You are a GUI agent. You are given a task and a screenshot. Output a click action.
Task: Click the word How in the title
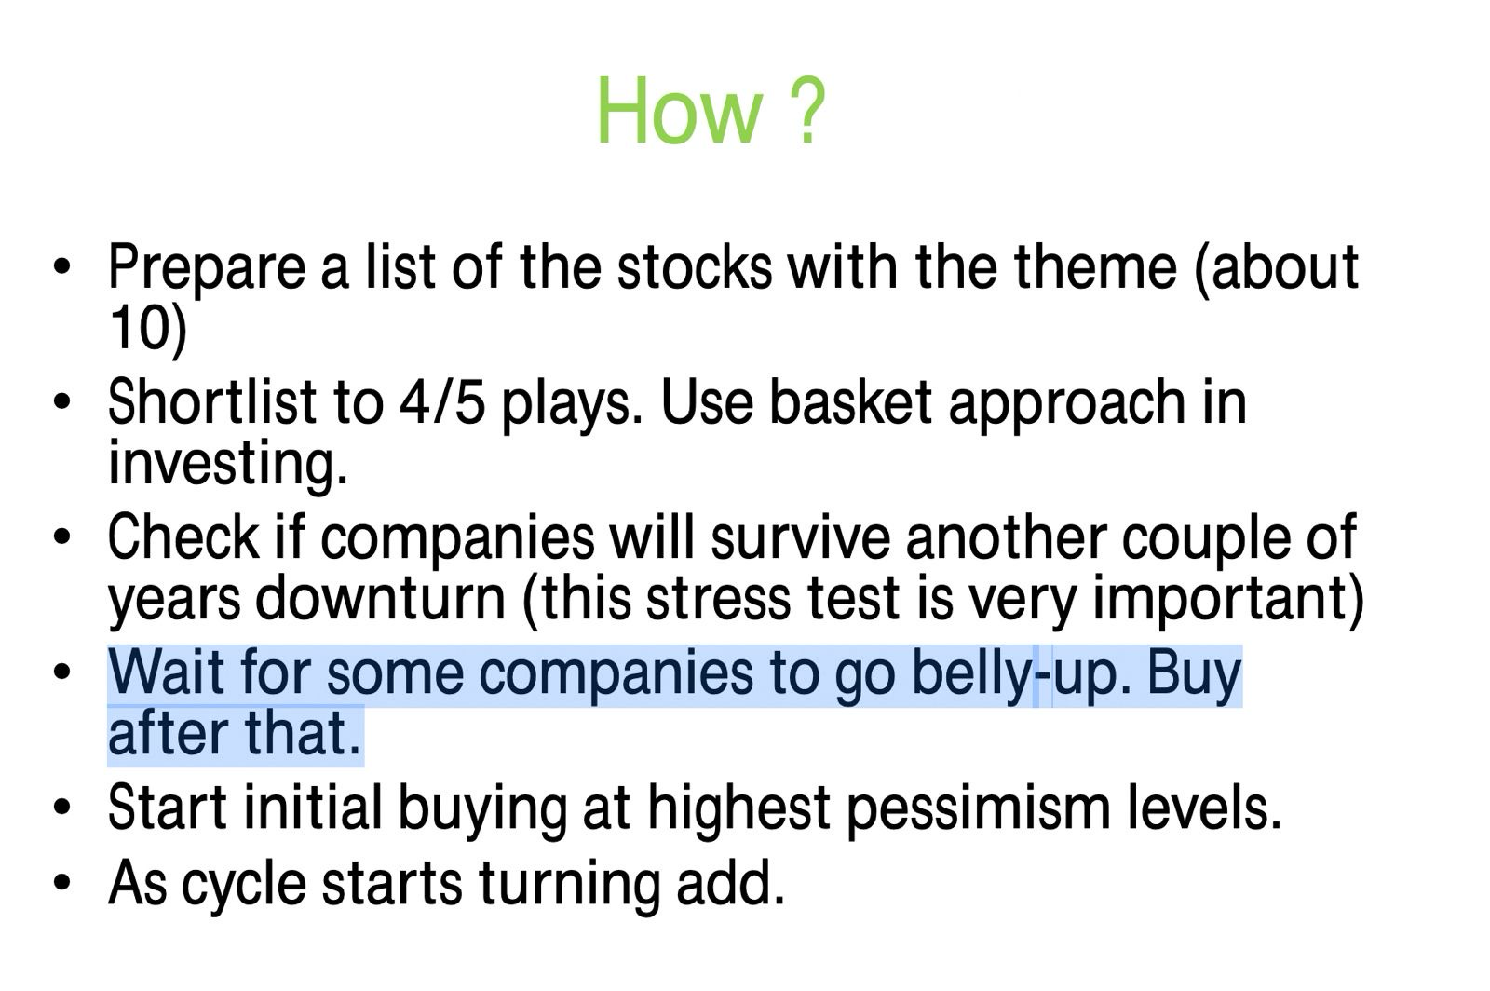[x=679, y=111]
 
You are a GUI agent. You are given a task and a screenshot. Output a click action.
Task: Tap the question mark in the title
[x=807, y=111]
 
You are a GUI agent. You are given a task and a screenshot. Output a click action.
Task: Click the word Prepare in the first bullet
[x=206, y=268]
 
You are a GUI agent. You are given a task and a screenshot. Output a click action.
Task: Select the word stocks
[x=695, y=267]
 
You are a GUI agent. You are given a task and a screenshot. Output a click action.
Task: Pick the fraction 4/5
[x=442, y=402]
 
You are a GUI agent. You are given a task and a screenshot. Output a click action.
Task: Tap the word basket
[x=850, y=402]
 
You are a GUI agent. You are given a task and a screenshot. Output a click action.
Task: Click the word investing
[x=227, y=465]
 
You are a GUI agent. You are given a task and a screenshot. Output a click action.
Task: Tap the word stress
[x=718, y=600]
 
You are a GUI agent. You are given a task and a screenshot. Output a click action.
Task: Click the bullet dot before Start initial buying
[x=61, y=808]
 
